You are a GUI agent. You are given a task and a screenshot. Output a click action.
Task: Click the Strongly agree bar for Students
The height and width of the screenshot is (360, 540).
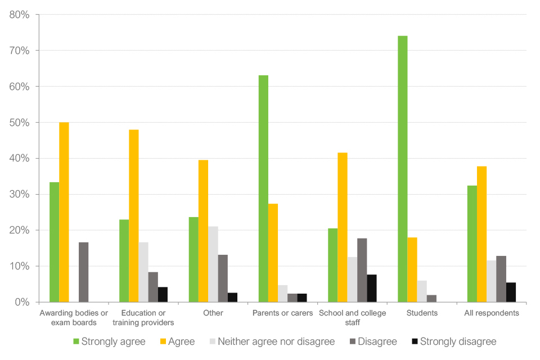coord(402,169)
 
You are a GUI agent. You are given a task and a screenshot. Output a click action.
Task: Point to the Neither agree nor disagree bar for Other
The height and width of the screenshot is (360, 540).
coord(213,264)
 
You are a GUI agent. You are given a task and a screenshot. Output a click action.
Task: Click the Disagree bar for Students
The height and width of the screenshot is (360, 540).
coord(431,299)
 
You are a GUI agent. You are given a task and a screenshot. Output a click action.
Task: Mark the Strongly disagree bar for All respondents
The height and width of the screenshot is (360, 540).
coord(511,292)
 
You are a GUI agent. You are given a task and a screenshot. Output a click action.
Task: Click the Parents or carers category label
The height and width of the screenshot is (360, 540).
coord(283,313)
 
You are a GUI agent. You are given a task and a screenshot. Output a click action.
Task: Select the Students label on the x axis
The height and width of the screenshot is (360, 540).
coord(422,313)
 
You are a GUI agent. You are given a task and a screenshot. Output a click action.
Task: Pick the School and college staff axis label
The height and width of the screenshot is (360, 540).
coord(353,318)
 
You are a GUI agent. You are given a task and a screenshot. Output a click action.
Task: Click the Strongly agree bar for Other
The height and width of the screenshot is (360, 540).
coord(193,259)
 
